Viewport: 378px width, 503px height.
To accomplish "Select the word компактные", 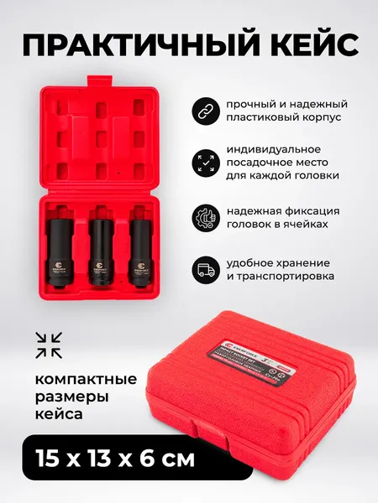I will pos(79,375).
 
